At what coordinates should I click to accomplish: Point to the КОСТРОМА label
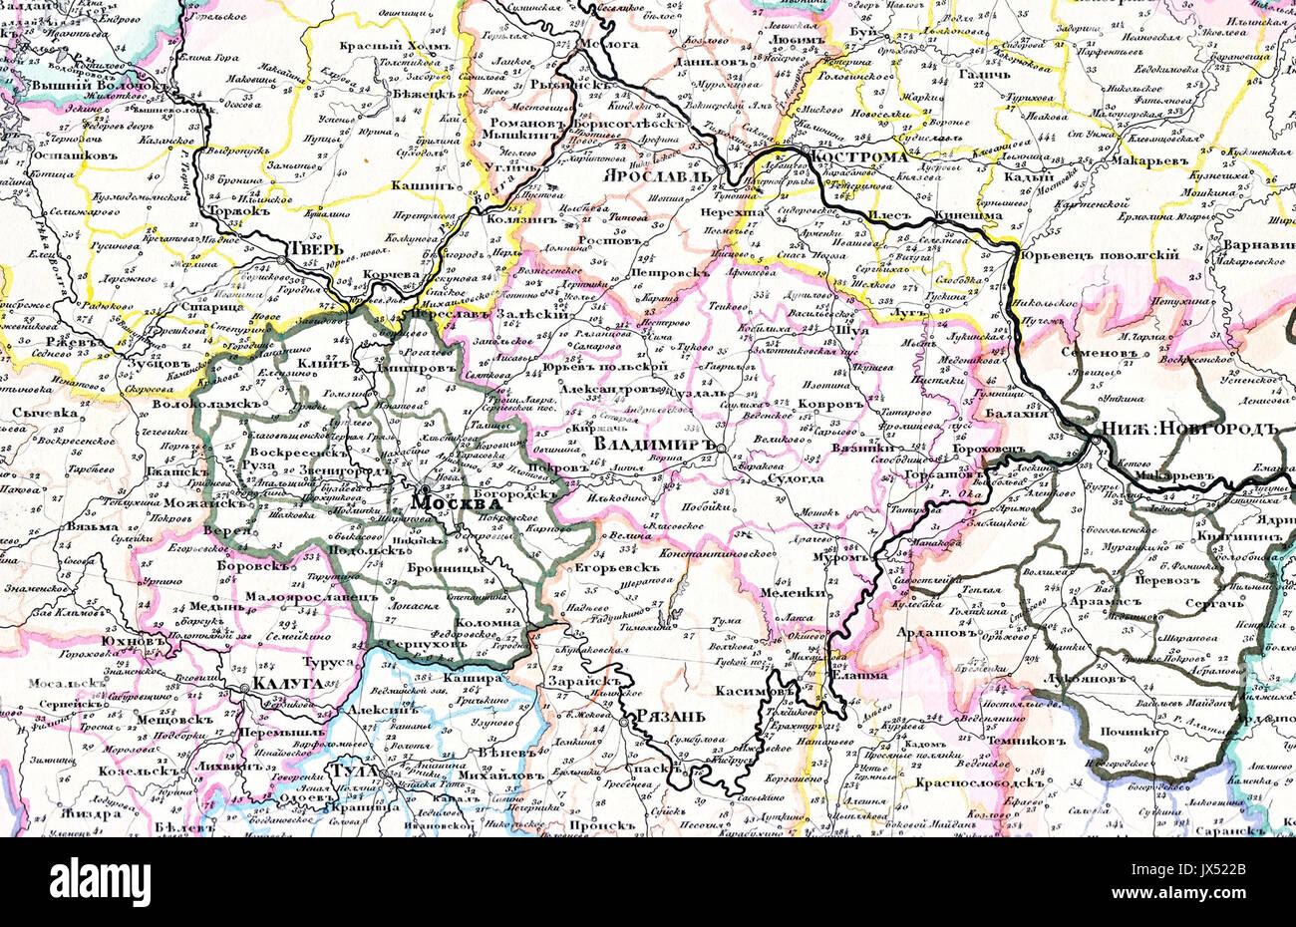[x=859, y=157]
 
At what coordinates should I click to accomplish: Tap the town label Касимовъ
[x=755, y=690]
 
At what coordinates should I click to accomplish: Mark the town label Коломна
[x=490, y=623]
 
